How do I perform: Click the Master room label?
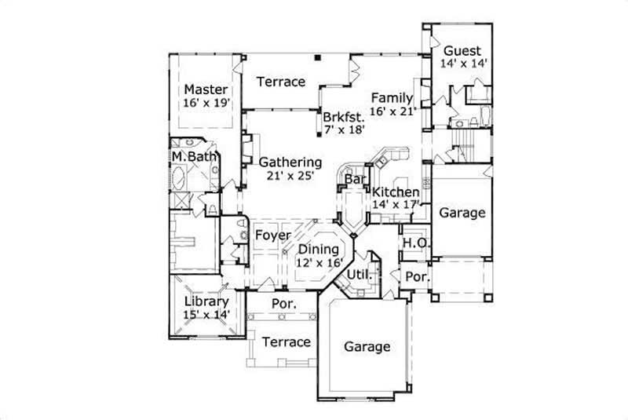coord(206,89)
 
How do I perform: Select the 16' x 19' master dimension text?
coord(206,103)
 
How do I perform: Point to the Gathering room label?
coord(287,163)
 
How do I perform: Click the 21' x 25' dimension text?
coord(287,176)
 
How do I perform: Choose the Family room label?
coord(392,97)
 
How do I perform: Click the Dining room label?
coord(319,250)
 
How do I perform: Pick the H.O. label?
coord(415,243)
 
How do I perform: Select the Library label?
coord(206,301)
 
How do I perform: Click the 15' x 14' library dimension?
coord(206,314)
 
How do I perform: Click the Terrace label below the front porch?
coord(286,342)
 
